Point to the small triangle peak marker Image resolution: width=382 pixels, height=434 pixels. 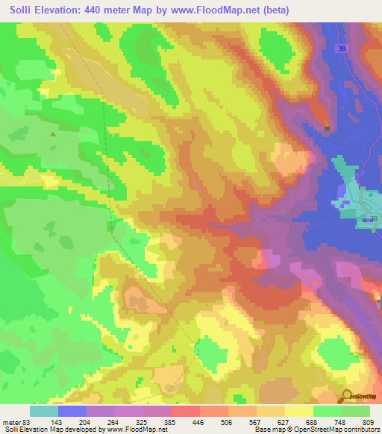tap(52, 135)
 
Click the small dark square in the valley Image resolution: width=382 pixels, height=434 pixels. tap(327, 128)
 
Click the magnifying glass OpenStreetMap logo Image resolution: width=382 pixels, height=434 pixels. tap(348, 396)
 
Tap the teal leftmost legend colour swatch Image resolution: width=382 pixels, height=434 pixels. tap(44, 411)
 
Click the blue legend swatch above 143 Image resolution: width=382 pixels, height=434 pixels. tap(72, 411)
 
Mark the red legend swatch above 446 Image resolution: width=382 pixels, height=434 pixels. tap(186, 411)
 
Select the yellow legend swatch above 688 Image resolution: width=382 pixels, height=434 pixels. tap(298, 411)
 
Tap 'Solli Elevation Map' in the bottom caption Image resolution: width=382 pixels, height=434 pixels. tap(28, 430)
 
